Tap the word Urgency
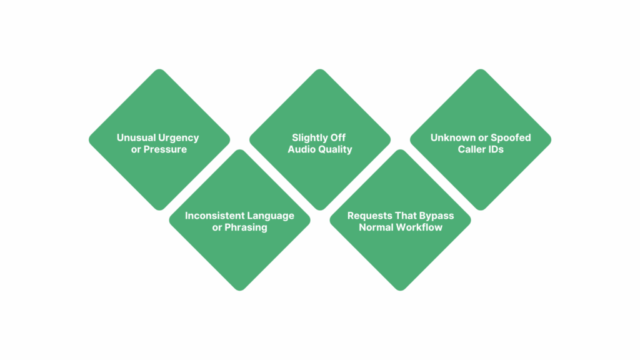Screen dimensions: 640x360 pyautogui.click(x=178, y=138)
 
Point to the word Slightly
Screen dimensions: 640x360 pyautogui.click(x=307, y=138)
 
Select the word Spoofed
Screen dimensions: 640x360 pyautogui.click(x=511, y=138)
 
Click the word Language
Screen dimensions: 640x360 pyautogui.click(x=270, y=216)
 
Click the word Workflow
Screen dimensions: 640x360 pyautogui.click(x=421, y=227)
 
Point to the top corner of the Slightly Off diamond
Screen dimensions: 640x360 pyautogui.click(x=320, y=69)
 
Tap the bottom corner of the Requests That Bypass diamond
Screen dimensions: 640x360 pyautogui.click(x=401, y=290)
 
